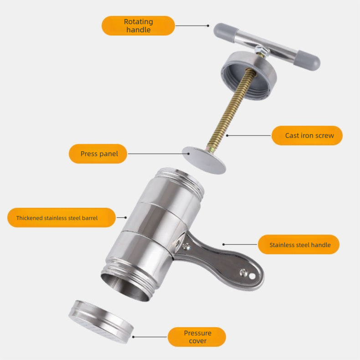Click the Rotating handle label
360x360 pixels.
point(138,26)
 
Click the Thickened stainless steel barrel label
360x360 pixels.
point(62,218)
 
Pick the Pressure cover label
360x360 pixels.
point(197,337)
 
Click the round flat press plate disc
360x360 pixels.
point(204,160)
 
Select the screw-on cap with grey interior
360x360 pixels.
point(248,76)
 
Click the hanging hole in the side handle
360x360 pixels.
point(252,276)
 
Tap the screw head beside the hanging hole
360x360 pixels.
point(243,273)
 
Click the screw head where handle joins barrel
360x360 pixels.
point(186,247)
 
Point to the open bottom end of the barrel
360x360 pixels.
point(126,287)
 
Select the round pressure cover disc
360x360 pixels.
point(101,322)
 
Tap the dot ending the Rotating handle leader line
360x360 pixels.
point(208,26)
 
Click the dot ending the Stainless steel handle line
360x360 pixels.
point(224,245)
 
